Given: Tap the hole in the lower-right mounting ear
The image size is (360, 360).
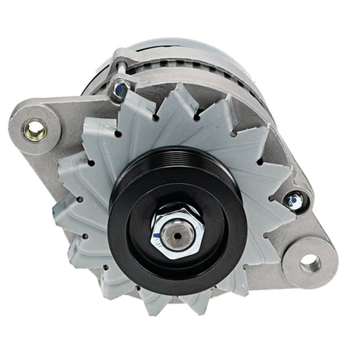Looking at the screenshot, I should (310, 262).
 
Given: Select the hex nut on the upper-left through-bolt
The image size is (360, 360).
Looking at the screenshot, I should (121, 89).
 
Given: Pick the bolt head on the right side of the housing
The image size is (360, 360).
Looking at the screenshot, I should (294, 201).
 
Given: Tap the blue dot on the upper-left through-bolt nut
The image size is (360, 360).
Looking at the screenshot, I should (119, 89).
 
